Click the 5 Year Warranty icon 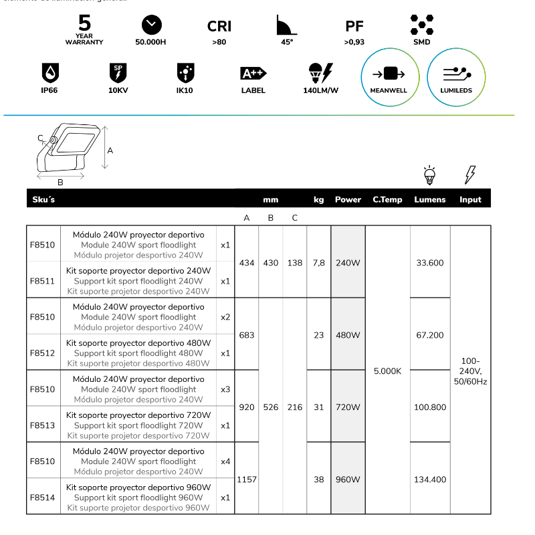[84, 28]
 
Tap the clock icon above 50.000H [152, 25]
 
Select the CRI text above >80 [219, 26]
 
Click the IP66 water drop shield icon [49, 72]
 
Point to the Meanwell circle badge [389, 78]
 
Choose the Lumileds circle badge [456, 78]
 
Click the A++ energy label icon [253, 73]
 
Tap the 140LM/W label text [321, 90]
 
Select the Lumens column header [430, 199]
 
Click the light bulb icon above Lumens [430, 175]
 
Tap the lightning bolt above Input [470, 175]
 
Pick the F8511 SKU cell [43, 281]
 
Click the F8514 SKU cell [43, 498]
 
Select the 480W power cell [348, 335]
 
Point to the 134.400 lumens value [430, 479]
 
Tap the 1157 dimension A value [247, 479]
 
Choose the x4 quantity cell [225, 461]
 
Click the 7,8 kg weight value [318, 263]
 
